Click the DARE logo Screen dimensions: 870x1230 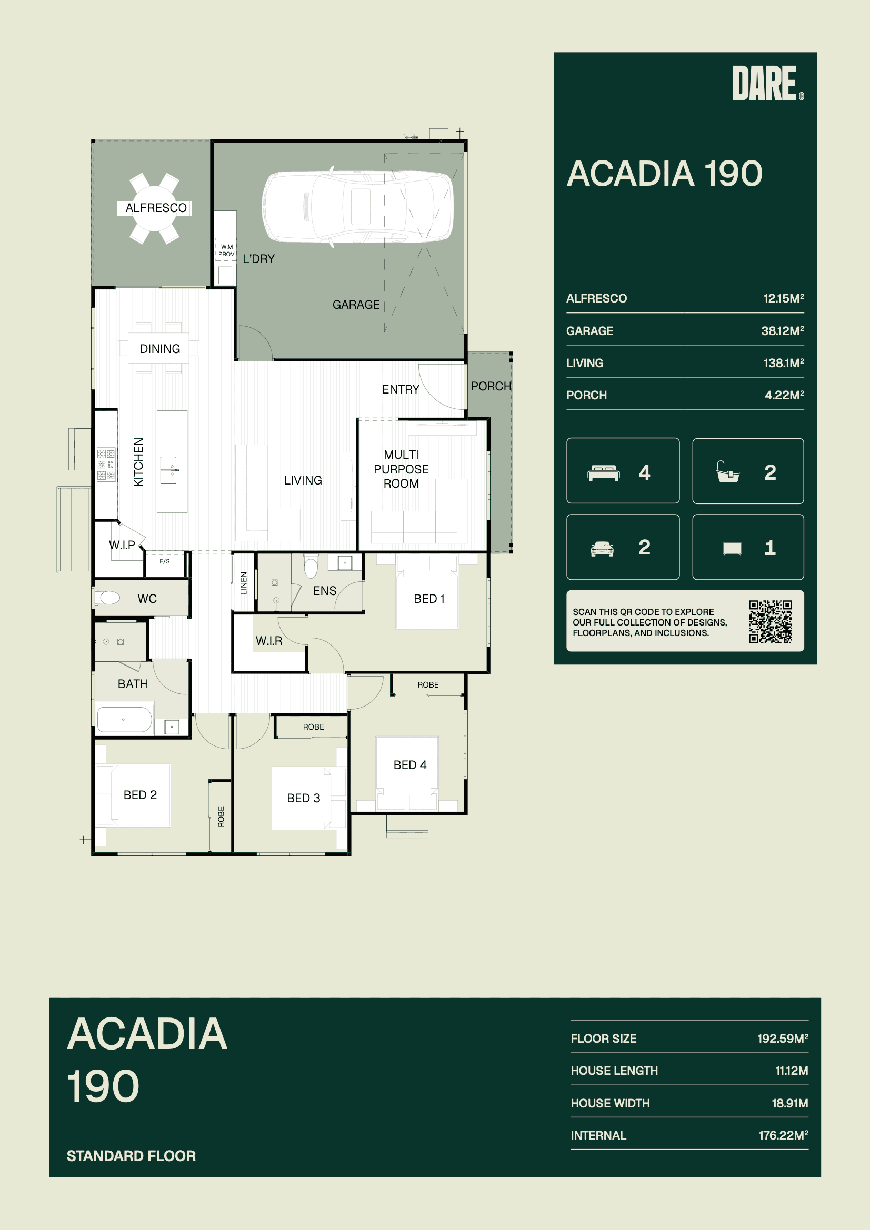coord(767,83)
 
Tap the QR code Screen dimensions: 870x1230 coord(771,621)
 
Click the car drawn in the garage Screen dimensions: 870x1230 coord(357,207)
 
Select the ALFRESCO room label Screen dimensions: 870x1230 coord(156,208)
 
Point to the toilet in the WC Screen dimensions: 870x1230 coord(108,597)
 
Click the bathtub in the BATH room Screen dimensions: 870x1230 coord(124,720)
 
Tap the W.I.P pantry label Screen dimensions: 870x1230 coord(122,545)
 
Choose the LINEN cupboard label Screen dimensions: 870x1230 coord(244,583)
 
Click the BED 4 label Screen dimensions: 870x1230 coord(410,765)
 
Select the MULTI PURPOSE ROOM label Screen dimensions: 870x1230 coord(402,469)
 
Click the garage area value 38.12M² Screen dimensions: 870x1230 coord(783,330)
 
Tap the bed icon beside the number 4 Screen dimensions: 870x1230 coord(604,473)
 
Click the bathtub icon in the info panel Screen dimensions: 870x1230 coord(728,472)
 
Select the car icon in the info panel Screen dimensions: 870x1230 coord(602,549)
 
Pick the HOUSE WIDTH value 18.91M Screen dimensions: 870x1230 coord(789,1103)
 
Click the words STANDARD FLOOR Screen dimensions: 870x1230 coord(132,1155)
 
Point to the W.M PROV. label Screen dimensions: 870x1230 coord(227,250)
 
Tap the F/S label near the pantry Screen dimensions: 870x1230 coord(165,561)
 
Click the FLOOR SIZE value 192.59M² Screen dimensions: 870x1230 coord(783,1038)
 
